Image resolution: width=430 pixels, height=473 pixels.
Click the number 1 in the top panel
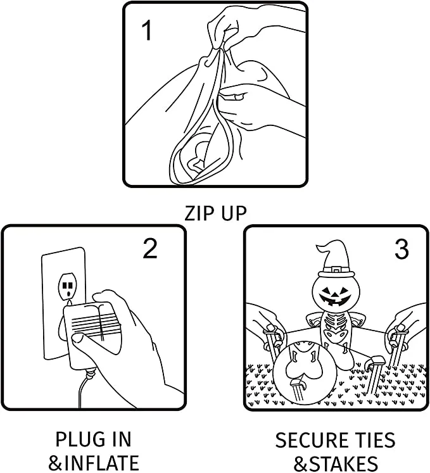point(147,31)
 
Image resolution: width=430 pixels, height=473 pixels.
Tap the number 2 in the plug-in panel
point(150,248)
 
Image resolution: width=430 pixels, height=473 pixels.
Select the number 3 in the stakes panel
point(402,249)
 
